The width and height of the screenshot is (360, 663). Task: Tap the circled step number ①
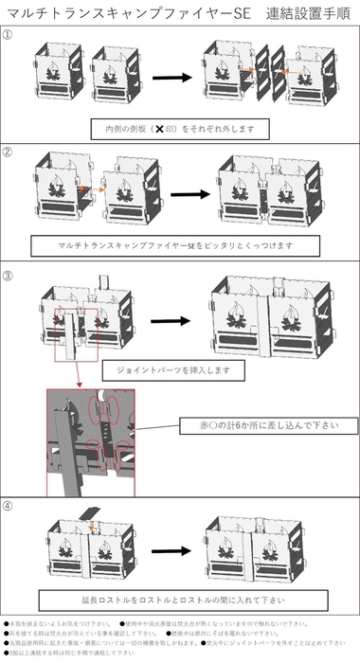click(x=9, y=34)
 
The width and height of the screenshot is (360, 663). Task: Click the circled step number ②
click(x=9, y=151)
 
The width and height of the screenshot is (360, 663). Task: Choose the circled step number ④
click(x=9, y=506)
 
